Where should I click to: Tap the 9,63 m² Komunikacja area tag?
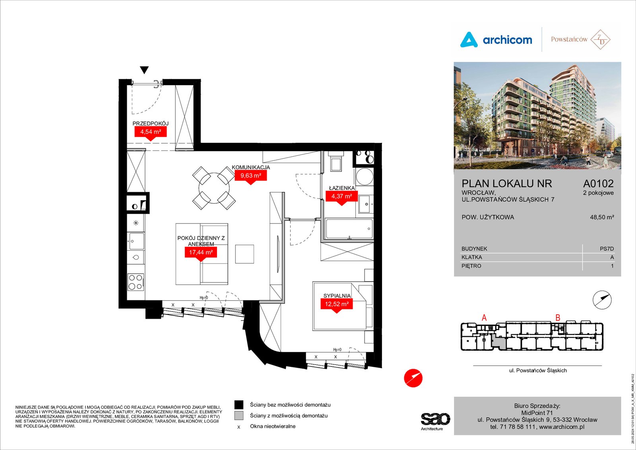pos(251,177)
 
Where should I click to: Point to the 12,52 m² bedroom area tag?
pos(337,305)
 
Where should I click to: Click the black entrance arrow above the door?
pos(144,70)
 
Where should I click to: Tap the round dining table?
pos(214,188)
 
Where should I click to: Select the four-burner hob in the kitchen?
pos(136,282)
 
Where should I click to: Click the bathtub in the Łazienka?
pos(349,228)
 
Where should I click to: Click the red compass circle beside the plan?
pos(413,378)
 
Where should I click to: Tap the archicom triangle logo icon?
pos(469,39)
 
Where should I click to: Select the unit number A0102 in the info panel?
pos(598,183)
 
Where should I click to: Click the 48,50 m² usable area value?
pos(602,217)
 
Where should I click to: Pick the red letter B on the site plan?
pos(558,318)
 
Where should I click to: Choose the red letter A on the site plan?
pos(485,318)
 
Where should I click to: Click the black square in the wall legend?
pos(239,405)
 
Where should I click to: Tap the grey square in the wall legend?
pos(239,416)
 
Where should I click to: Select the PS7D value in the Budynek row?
pos(607,249)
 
